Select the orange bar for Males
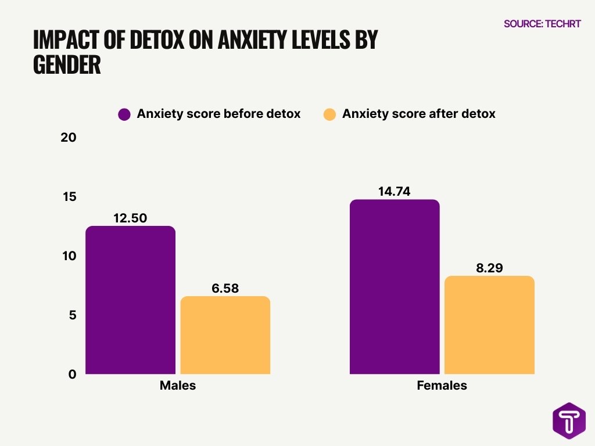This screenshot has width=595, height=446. coord(225,335)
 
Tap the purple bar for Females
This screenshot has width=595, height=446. coord(395,287)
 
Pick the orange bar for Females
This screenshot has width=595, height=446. coord(489,325)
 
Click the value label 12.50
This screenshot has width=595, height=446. coord(130,218)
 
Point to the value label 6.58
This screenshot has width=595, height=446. coord(225,288)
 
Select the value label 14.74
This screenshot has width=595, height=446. coord(395,192)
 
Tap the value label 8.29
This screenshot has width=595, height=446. coord(489,268)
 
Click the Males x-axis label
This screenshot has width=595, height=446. coord(178,386)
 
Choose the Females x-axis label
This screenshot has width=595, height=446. coord(442,386)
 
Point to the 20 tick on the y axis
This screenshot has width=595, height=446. coord(69,138)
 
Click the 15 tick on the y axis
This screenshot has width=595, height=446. coord(70,197)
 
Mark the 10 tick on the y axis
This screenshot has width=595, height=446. coord(69,256)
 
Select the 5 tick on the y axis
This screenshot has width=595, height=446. coord(72,315)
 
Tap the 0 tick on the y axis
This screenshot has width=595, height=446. coord(72,375)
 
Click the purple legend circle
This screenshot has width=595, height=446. coord(124,114)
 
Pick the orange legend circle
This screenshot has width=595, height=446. coord(329,114)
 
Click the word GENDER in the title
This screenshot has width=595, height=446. coord(67,65)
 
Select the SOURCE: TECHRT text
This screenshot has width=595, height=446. coord(542,24)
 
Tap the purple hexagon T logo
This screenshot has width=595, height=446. coord(568,420)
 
